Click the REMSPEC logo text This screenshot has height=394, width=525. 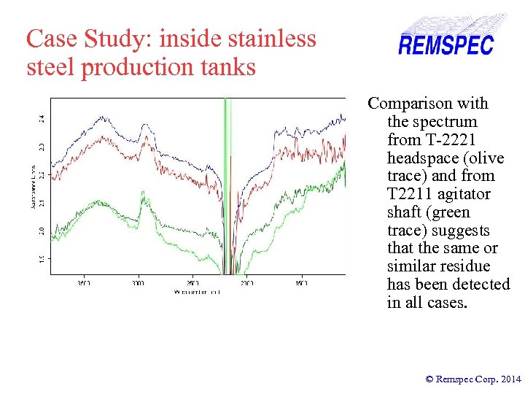pos(446,45)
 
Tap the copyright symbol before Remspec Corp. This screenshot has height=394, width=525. pos(429,379)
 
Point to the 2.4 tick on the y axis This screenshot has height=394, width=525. pos(42,117)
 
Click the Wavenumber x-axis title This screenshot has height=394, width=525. pos(196,291)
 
